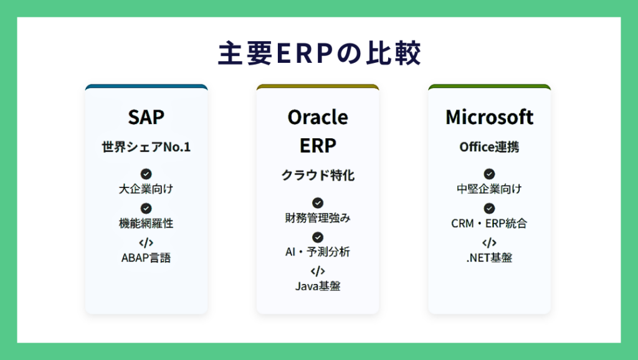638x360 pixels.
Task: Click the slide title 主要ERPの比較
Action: [x=320, y=54]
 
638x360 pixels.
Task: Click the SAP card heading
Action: [x=146, y=117]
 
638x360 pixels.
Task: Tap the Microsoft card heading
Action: [x=489, y=117]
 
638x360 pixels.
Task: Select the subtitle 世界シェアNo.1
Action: [x=146, y=147]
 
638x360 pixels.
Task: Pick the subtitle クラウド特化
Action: [x=318, y=175]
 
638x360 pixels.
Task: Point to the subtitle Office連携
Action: [x=489, y=147]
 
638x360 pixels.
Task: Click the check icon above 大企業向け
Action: [x=146, y=174]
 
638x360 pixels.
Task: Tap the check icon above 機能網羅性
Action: [x=146, y=208]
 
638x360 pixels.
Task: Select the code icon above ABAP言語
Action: [x=146, y=243]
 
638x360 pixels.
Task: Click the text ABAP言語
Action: [x=146, y=257]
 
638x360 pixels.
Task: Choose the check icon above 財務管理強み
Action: [x=318, y=202]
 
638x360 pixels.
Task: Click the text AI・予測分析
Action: [x=318, y=252]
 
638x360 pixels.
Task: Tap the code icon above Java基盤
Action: [x=318, y=271]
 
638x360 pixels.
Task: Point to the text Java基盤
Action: [x=318, y=287]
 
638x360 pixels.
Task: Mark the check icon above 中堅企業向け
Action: [x=489, y=174]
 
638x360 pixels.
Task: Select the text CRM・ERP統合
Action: [x=489, y=224]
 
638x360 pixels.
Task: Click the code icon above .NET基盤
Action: [x=489, y=243]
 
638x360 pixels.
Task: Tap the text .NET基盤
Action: [x=489, y=257]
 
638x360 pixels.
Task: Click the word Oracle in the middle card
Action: [x=318, y=117]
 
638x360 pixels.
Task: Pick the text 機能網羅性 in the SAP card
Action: [x=146, y=224]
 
